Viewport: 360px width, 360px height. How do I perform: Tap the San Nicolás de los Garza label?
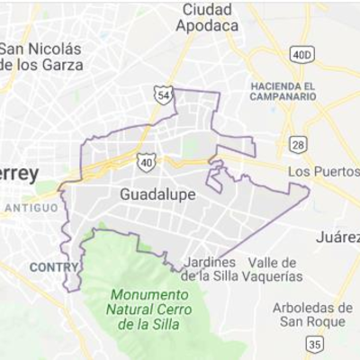(x=41, y=57)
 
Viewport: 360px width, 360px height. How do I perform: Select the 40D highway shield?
(x=301, y=55)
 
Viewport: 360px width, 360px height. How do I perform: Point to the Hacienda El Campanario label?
(x=283, y=91)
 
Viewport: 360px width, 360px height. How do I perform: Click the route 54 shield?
(x=162, y=94)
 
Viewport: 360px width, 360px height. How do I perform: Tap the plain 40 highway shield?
(x=147, y=161)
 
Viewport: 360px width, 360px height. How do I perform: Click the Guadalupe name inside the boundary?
(x=144, y=193)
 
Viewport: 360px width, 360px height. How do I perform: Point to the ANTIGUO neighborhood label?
(x=31, y=208)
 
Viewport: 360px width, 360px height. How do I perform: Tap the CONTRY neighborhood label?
(x=54, y=267)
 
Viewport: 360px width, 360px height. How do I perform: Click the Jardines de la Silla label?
(x=210, y=269)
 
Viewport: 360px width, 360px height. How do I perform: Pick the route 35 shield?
(x=313, y=345)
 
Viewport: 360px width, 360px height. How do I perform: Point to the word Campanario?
(x=283, y=96)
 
